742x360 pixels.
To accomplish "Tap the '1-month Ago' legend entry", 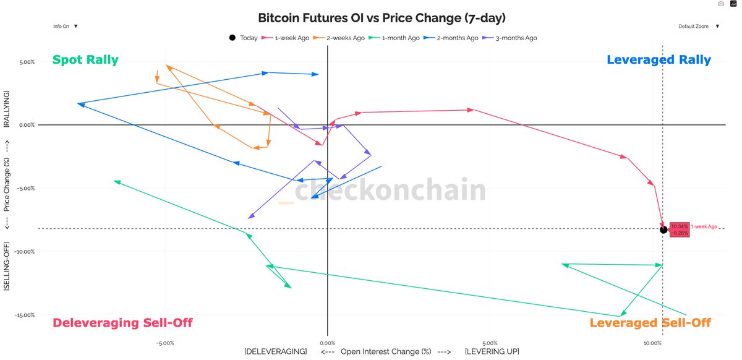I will click(x=398, y=38).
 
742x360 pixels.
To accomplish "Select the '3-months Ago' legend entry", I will click(x=513, y=38).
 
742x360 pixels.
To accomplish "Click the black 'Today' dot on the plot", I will click(x=663, y=229).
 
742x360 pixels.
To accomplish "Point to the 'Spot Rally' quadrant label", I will click(x=85, y=60).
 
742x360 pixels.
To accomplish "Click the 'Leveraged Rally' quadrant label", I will click(x=659, y=60).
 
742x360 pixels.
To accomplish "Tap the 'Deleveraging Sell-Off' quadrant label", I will click(x=122, y=323).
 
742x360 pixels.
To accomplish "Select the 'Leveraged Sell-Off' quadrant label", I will click(x=650, y=323).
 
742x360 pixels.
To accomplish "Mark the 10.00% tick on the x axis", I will click(x=652, y=343).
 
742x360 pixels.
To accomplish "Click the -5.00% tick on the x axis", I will click(x=164, y=343).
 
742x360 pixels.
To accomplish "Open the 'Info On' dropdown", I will click(x=65, y=27).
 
